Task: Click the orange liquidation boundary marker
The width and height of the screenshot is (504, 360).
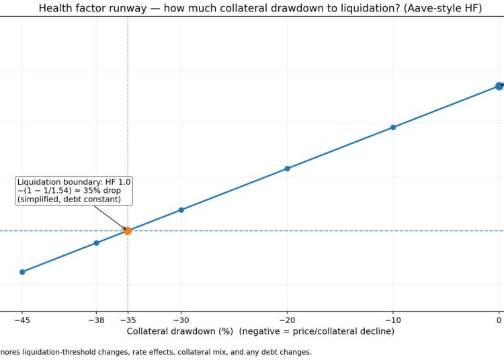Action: click(x=128, y=231)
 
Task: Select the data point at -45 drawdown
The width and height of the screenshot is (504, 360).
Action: click(x=22, y=272)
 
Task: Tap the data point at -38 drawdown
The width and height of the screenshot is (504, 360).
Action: click(x=96, y=242)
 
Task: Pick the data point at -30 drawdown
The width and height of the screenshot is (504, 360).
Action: click(x=181, y=210)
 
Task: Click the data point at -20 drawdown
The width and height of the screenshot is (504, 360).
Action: click(x=287, y=169)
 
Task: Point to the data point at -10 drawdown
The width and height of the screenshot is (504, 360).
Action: click(x=393, y=127)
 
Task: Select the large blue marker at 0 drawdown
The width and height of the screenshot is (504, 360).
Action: click(x=499, y=86)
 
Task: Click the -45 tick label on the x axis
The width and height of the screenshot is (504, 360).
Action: click(x=22, y=320)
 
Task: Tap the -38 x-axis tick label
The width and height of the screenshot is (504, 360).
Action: click(x=96, y=320)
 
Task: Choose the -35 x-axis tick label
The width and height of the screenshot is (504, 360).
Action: click(x=128, y=320)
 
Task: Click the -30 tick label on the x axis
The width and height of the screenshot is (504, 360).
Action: click(x=181, y=320)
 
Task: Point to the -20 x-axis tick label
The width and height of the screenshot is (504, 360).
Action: click(x=287, y=320)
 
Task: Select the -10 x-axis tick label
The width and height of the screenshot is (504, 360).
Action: click(x=393, y=320)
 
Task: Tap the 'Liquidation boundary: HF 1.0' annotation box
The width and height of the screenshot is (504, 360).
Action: click(x=75, y=191)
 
